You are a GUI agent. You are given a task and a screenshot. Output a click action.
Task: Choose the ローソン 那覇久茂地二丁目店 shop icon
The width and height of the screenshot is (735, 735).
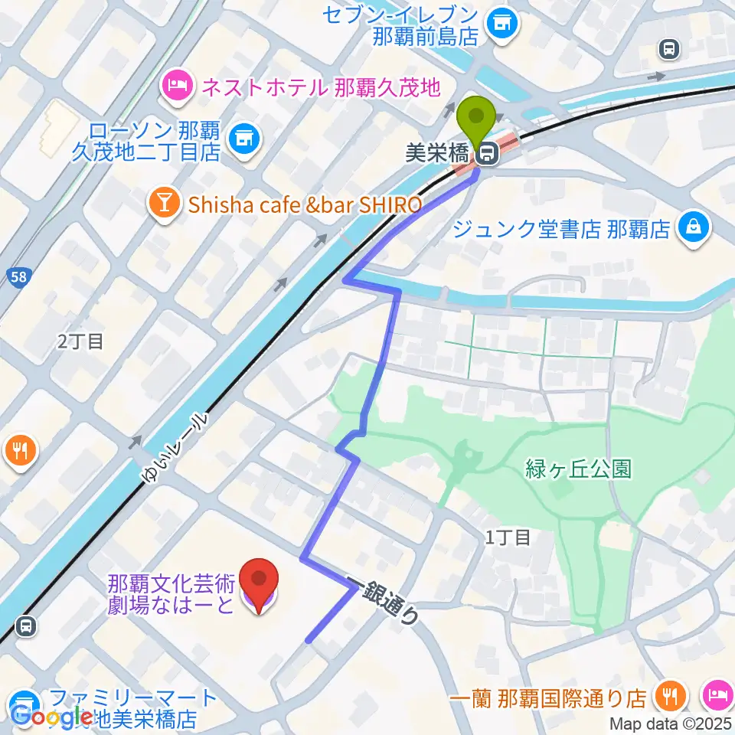point(246,138)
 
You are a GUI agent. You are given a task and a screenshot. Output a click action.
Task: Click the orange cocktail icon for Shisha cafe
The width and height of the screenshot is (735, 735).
point(163,204)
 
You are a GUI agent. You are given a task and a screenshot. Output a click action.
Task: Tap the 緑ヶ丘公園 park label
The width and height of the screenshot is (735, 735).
point(578,469)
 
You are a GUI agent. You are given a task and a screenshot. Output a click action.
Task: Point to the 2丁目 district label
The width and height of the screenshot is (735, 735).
point(80,341)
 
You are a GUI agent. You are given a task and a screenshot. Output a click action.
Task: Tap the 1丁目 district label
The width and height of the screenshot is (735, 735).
point(508,537)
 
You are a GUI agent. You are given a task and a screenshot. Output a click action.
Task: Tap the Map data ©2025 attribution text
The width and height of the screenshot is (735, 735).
point(671,724)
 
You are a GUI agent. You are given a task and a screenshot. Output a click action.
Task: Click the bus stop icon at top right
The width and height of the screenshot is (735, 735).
point(668,50)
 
